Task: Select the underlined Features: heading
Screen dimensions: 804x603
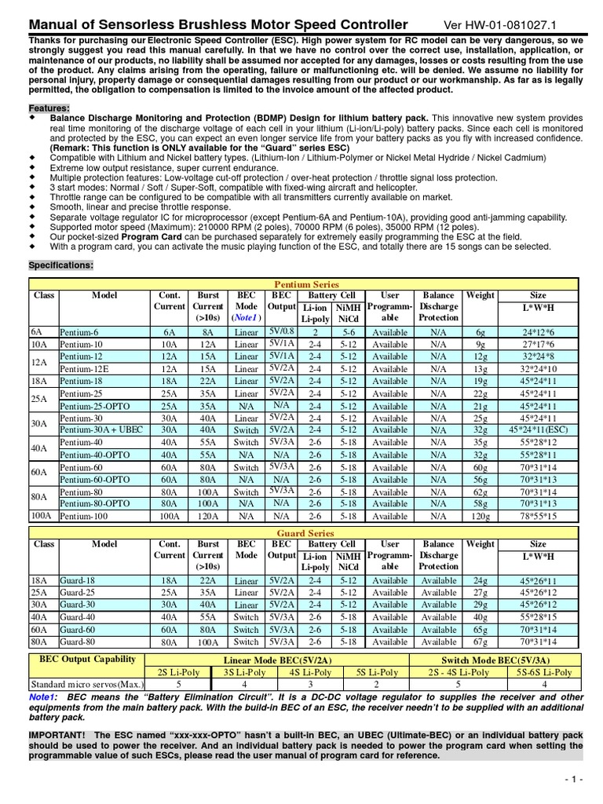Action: click(49, 108)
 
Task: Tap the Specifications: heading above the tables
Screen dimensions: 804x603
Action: click(61, 265)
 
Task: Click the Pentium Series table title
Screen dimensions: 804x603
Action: click(305, 284)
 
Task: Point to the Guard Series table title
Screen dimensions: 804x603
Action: click(305, 533)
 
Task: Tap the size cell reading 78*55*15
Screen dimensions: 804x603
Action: click(538, 517)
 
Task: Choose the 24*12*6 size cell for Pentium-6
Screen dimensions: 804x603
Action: click(538, 332)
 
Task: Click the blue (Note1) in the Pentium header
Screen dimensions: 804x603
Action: click(246, 318)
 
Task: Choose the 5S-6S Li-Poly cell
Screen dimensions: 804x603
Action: click(544, 673)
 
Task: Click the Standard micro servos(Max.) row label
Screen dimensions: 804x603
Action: click(78, 685)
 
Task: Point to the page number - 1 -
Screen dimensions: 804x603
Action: click(573, 777)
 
